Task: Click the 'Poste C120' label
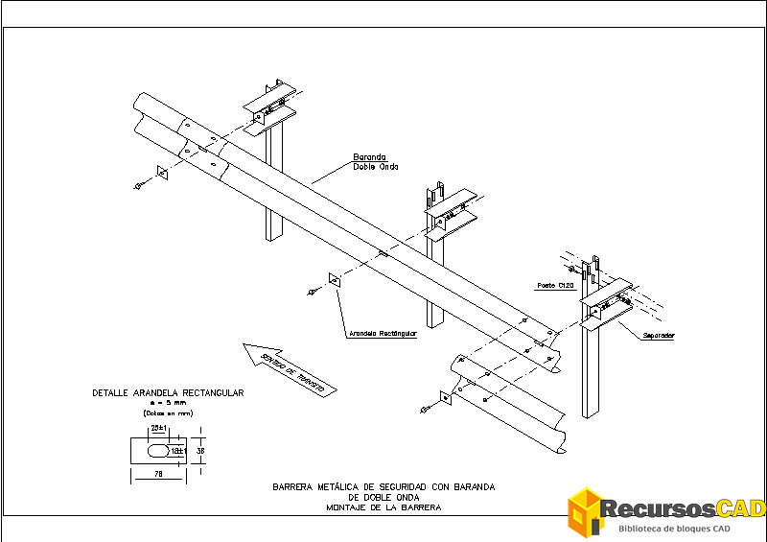point(554,286)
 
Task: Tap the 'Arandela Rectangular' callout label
point(383,334)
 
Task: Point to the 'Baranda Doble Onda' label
point(369,161)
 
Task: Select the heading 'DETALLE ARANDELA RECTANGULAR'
point(168,393)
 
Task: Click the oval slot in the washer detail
point(156,449)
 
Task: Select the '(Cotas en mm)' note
point(167,412)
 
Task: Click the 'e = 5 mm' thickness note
point(167,403)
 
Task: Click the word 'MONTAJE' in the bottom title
point(347,507)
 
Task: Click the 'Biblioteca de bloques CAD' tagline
point(676,530)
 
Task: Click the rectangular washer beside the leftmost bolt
point(160,174)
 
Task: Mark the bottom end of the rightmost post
point(588,414)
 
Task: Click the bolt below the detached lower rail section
point(426,410)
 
